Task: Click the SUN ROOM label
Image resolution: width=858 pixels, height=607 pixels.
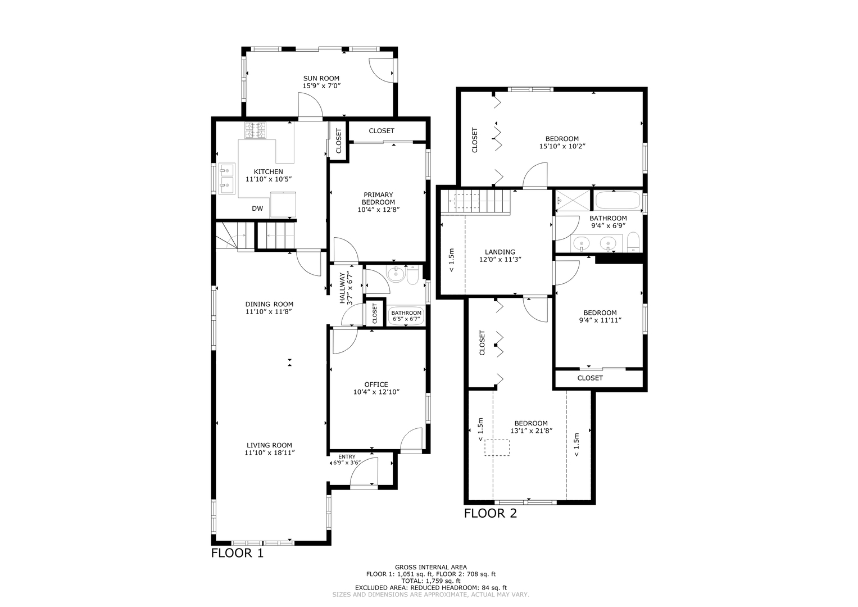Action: point(321,79)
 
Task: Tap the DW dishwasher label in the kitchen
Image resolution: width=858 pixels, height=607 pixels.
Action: point(257,209)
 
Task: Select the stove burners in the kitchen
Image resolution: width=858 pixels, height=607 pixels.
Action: point(255,131)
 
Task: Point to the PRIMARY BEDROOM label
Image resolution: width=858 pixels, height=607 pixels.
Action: point(378,198)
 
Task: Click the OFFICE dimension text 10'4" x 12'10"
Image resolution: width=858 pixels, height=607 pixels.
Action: point(376,392)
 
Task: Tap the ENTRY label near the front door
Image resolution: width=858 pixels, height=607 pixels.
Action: point(347,457)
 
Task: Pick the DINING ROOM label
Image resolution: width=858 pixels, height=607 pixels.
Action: point(269,304)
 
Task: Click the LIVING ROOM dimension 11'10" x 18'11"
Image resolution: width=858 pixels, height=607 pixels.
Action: point(269,452)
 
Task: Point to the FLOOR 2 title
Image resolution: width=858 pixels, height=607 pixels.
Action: point(490,513)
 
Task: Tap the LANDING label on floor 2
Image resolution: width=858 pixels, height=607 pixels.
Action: point(500,252)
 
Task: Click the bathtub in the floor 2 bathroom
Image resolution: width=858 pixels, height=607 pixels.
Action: point(617,200)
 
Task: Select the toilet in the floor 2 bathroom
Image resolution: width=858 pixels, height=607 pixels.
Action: point(633,243)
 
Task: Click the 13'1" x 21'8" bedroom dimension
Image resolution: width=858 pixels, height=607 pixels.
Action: point(531,431)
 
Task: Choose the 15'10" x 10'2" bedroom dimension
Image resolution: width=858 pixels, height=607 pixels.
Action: point(562,146)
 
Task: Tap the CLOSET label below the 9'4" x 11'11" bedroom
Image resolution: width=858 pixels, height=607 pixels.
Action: point(590,378)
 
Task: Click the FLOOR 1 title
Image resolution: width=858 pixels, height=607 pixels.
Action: point(237,553)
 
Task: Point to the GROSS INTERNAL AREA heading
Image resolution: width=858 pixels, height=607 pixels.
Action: point(430,567)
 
